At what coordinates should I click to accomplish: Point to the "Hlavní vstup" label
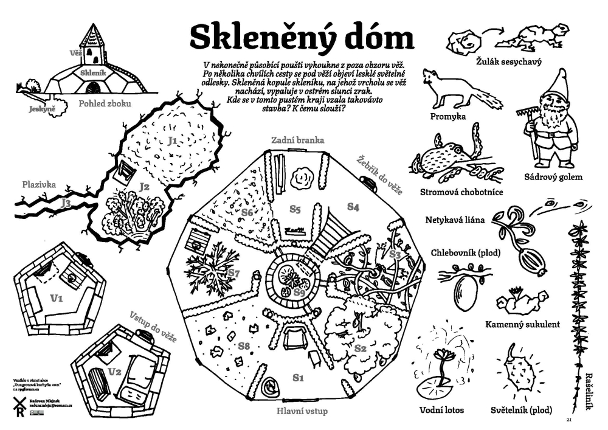[x=302, y=411]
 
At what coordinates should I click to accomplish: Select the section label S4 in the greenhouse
[x=353, y=207]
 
